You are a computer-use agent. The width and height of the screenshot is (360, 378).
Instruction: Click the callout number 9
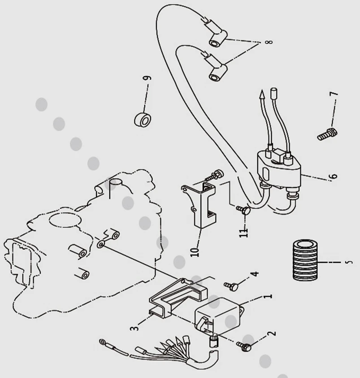pyautogui.click(x=147, y=78)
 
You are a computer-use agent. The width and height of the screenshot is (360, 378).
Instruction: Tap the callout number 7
pyautogui.click(x=334, y=96)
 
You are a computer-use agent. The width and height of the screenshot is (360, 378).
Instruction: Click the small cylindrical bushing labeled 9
pyautogui.click(x=143, y=120)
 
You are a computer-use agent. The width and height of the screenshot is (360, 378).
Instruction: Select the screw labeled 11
pyautogui.click(x=245, y=209)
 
